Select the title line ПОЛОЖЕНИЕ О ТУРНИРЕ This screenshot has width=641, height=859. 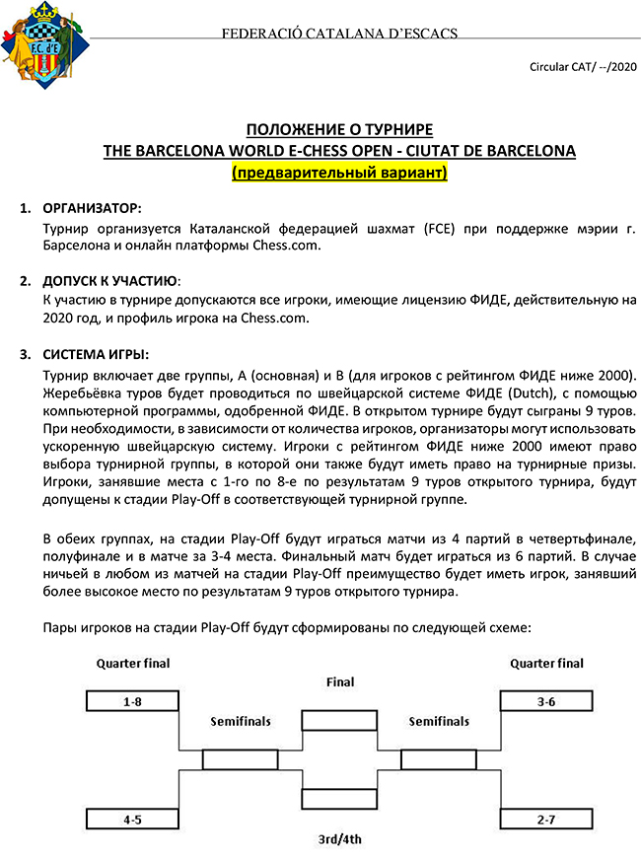tap(339, 131)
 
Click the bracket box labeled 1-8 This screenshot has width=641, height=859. tap(131, 701)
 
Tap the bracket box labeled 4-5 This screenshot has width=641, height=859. tap(131, 819)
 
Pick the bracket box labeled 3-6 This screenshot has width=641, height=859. tap(546, 701)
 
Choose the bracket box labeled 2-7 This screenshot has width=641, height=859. tap(546, 819)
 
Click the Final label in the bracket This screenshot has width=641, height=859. tap(339, 681)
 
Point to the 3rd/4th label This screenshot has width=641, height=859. tap(339, 839)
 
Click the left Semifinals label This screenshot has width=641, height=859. tap(240, 722)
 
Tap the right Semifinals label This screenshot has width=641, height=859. tap(439, 722)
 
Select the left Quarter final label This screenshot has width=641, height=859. tap(131, 663)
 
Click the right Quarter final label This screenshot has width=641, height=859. tap(546, 663)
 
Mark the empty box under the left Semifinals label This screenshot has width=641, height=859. tap(240, 760)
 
